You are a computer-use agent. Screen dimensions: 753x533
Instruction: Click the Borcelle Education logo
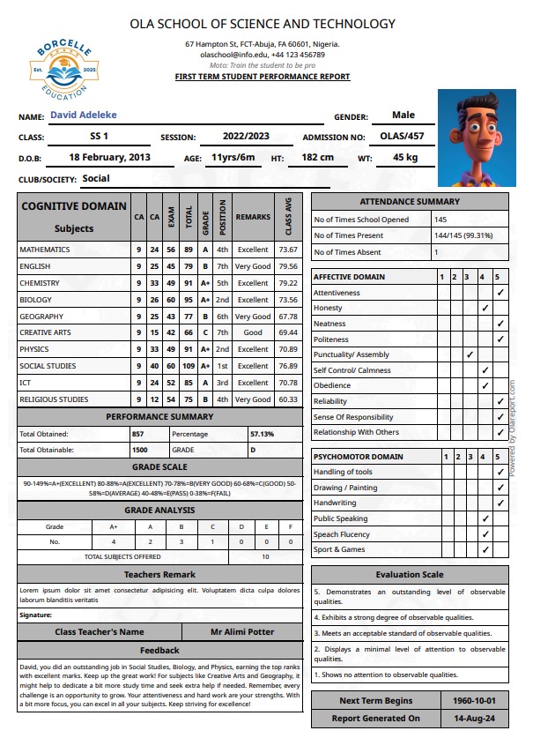tap(60, 68)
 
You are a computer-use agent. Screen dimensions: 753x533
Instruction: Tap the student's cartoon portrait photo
tap(477, 138)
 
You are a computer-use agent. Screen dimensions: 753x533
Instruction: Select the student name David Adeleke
tap(84, 116)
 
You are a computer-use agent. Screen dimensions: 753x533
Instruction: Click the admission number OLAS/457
tap(402, 137)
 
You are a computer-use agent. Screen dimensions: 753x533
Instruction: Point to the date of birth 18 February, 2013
tap(110, 157)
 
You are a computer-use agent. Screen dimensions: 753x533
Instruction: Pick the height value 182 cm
tap(317, 157)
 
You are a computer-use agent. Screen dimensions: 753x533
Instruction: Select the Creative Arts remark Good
tap(253, 333)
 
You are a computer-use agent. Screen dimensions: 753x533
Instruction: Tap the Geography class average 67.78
tap(288, 317)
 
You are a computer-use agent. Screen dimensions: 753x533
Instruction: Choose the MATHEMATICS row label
tap(45, 250)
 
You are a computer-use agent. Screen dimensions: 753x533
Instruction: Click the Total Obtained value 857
tap(137, 434)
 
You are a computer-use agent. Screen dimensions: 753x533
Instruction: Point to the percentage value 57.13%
tap(263, 434)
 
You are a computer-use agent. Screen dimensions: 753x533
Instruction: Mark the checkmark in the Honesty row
tap(485, 308)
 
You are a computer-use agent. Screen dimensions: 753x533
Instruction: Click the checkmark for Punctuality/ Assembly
tap(470, 354)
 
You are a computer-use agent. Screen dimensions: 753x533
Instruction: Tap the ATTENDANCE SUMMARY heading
tap(410, 202)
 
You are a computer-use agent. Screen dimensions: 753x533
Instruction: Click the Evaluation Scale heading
tap(410, 575)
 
